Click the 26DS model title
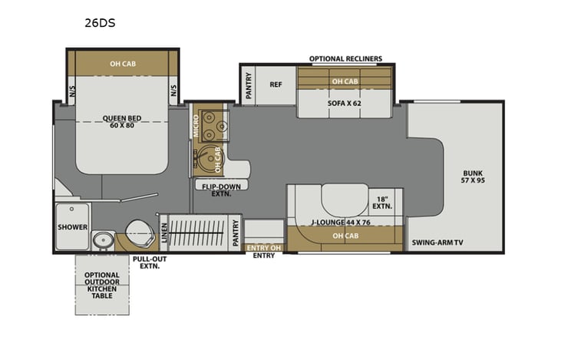point(100,23)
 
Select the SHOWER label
point(72,227)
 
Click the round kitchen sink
point(206,157)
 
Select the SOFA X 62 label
point(345,101)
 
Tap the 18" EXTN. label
point(382,203)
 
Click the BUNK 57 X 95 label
point(474,177)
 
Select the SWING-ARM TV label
point(435,243)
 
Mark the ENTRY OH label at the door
point(263,247)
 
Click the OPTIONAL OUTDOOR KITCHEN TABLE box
point(102,285)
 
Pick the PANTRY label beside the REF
point(249,88)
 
